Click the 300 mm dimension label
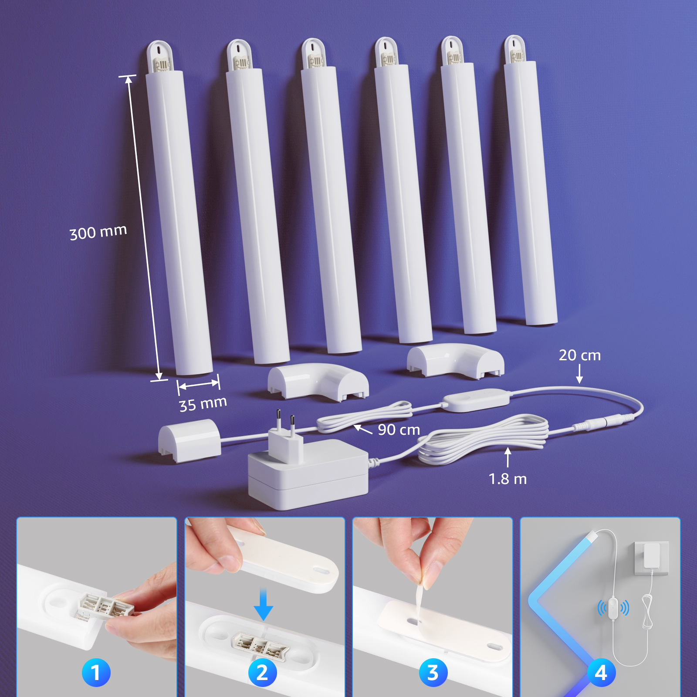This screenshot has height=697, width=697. [98, 232]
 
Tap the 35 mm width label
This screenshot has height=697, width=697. [203, 403]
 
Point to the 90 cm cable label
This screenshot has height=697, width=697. [399, 430]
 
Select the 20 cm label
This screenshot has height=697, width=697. [580, 355]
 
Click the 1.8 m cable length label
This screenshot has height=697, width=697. [508, 479]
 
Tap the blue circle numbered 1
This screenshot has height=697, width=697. [96, 672]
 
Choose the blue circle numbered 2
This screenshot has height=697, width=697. [262, 672]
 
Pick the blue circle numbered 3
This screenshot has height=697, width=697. [433, 672]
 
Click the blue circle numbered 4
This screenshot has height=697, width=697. [601, 672]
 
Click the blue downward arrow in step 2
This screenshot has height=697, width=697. [263, 604]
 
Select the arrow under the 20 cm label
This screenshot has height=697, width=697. [579, 374]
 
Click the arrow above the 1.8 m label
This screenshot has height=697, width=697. [508, 457]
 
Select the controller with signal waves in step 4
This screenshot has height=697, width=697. [613, 607]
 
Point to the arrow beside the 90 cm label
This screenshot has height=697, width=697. [363, 430]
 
